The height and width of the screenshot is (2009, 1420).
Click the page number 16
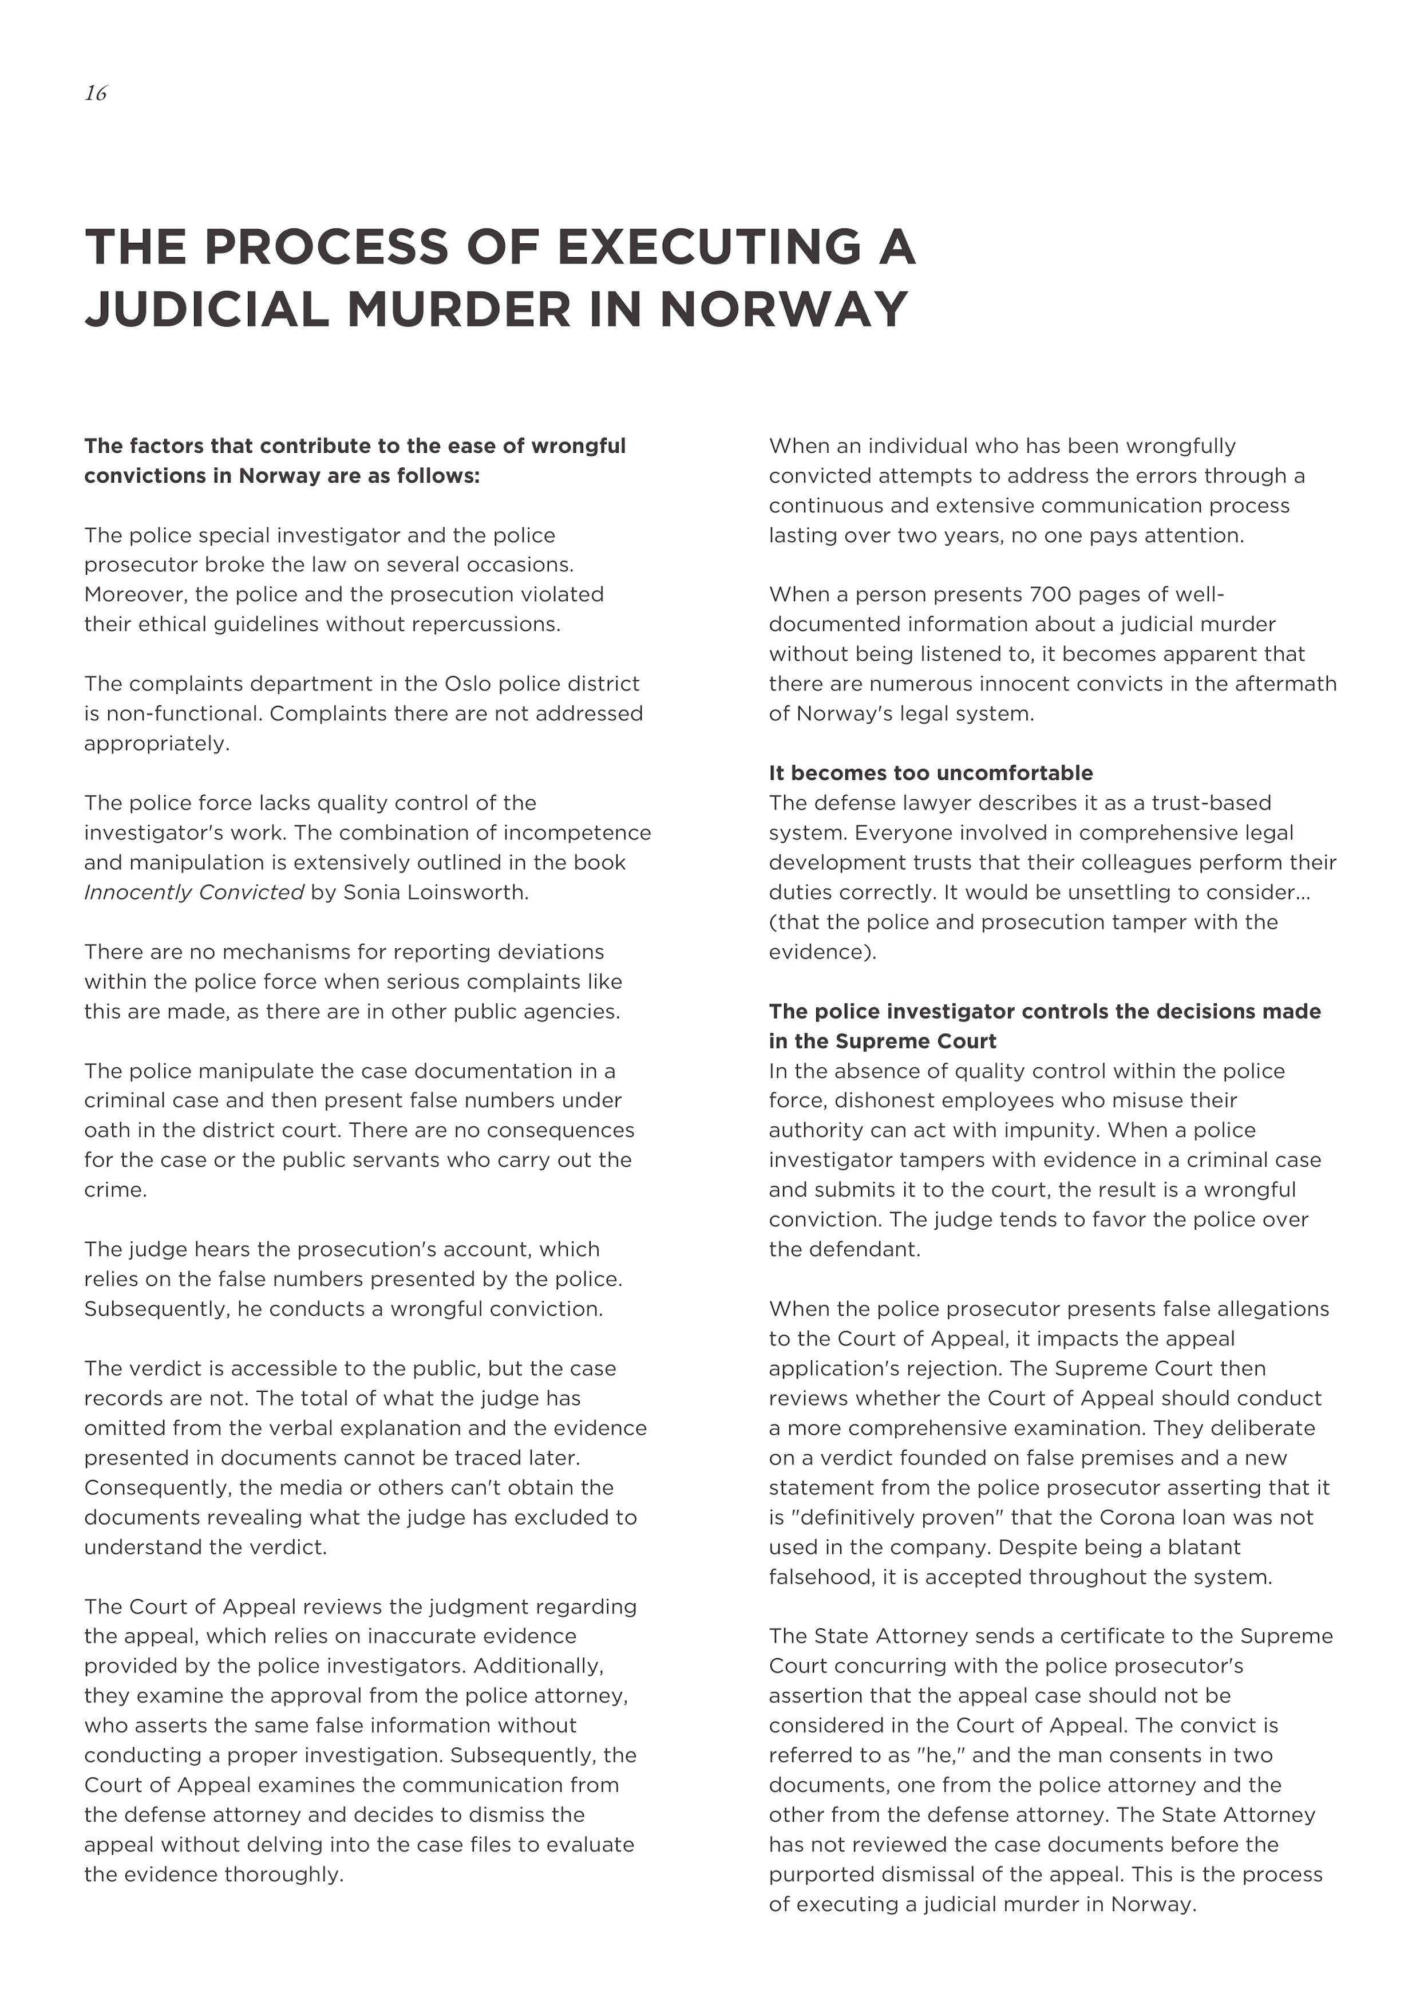(x=96, y=93)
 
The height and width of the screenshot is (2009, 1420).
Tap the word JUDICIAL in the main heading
(x=207, y=310)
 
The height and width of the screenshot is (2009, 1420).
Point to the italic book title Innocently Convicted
(x=193, y=893)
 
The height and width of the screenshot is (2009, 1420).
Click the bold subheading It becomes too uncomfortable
(x=930, y=773)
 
